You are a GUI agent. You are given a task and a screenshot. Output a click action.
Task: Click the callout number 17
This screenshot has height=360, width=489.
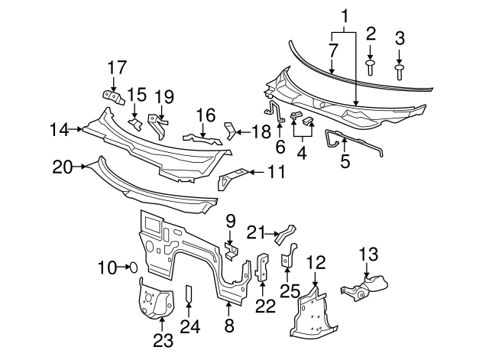(115, 67)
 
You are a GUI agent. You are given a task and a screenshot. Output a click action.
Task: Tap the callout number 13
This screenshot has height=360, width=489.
(368, 254)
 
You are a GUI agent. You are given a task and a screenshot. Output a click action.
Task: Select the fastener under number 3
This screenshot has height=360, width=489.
(400, 71)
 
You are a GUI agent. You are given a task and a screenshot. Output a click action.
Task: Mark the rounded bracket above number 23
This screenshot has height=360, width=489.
(152, 300)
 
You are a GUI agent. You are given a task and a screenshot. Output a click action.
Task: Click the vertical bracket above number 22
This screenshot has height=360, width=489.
(262, 266)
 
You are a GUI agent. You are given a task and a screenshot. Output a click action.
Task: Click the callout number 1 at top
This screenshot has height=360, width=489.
(345, 15)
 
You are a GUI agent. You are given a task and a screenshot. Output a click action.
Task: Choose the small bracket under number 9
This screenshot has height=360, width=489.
(232, 251)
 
